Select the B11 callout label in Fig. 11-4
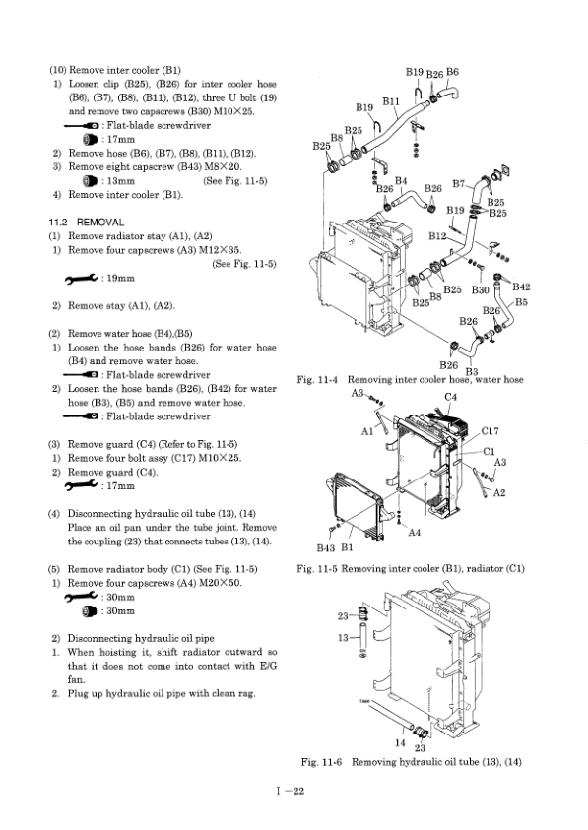(390, 101)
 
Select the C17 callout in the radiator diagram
(493, 430)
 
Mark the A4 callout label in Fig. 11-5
(417, 533)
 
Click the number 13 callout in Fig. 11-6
(345, 638)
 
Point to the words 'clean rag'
(229, 693)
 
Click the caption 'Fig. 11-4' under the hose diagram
(317, 380)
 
